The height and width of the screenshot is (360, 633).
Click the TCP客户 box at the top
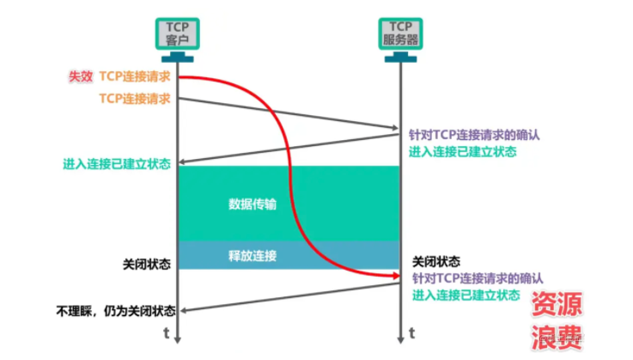(x=177, y=33)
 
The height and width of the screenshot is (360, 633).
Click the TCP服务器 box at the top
(x=401, y=33)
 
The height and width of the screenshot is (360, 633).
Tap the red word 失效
(x=81, y=77)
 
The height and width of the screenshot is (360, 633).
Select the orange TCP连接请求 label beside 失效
(x=135, y=77)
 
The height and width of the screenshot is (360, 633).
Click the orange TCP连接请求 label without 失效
(x=135, y=98)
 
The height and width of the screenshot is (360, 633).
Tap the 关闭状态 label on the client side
(x=147, y=262)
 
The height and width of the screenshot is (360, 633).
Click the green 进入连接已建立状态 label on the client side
(x=116, y=163)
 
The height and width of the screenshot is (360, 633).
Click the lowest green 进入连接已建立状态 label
(x=465, y=295)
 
